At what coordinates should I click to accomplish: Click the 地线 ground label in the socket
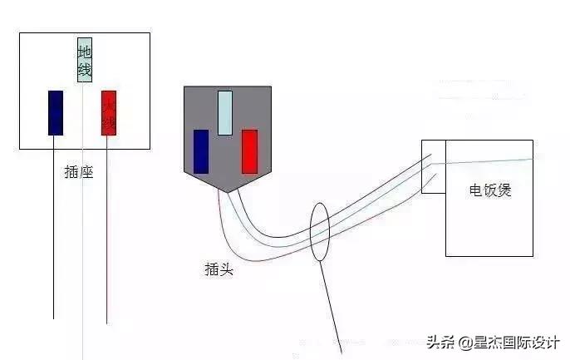point(84,59)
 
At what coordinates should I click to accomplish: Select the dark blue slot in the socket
point(56,112)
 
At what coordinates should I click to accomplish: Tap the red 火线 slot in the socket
point(109,112)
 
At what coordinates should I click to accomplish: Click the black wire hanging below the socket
point(54,249)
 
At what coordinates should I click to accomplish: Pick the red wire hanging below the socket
point(107,249)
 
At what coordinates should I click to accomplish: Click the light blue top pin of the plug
point(224,113)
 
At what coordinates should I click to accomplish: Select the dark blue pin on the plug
point(200,151)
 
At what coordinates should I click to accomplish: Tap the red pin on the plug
point(249,151)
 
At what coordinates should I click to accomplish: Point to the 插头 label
point(218,269)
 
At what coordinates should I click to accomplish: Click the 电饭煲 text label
point(490,190)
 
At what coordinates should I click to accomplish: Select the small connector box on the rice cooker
point(433,166)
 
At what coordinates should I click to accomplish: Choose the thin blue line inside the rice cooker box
point(490,161)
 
